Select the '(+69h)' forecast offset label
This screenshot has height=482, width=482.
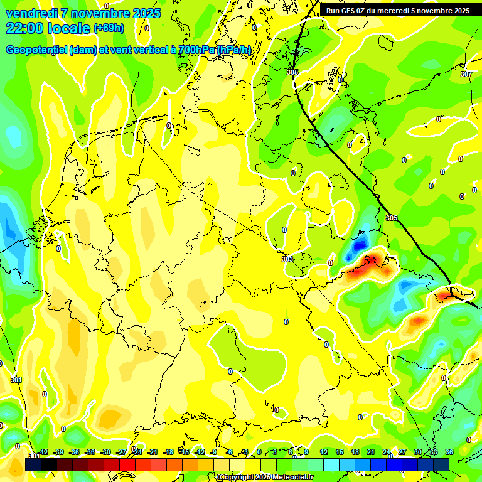click(109, 29)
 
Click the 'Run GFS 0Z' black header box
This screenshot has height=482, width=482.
click(397, 11)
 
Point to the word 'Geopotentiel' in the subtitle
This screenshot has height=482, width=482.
click(38, 50)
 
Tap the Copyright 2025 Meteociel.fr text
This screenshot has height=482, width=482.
click(265, 478)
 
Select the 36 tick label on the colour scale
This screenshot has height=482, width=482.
click(449, 453)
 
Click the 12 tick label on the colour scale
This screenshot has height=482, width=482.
click(323, 453)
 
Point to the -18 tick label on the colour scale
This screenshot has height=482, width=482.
click(168, 453)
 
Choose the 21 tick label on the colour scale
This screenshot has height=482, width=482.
click(371, 453)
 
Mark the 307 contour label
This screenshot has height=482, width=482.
click(465, 74)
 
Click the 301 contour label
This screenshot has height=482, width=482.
click(16, 380)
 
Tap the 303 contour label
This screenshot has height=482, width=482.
click(287, 259)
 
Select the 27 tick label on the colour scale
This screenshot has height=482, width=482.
click(402, 453)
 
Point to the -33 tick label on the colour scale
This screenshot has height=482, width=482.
click(90, 453)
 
